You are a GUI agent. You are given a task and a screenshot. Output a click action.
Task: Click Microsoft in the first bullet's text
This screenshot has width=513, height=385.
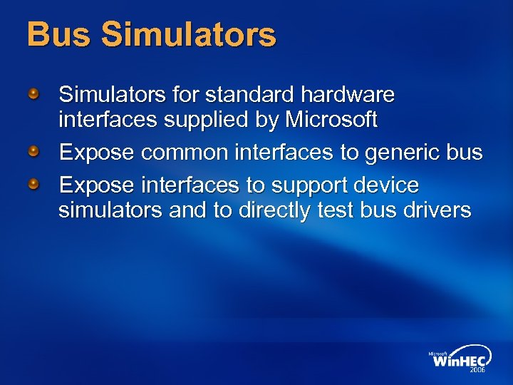tap(331, 120)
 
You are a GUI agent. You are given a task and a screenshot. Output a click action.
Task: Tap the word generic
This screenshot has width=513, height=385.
tap(400, 153)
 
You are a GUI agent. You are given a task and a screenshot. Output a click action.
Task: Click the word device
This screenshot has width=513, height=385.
tap(389, 185)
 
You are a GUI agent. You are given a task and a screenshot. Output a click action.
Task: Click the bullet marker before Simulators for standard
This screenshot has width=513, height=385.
tap(33, 93)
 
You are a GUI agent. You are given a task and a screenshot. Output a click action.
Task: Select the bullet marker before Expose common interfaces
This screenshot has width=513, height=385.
tap(33, 151)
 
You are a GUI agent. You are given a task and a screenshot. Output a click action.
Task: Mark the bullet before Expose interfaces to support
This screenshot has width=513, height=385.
tap(33, 184)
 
